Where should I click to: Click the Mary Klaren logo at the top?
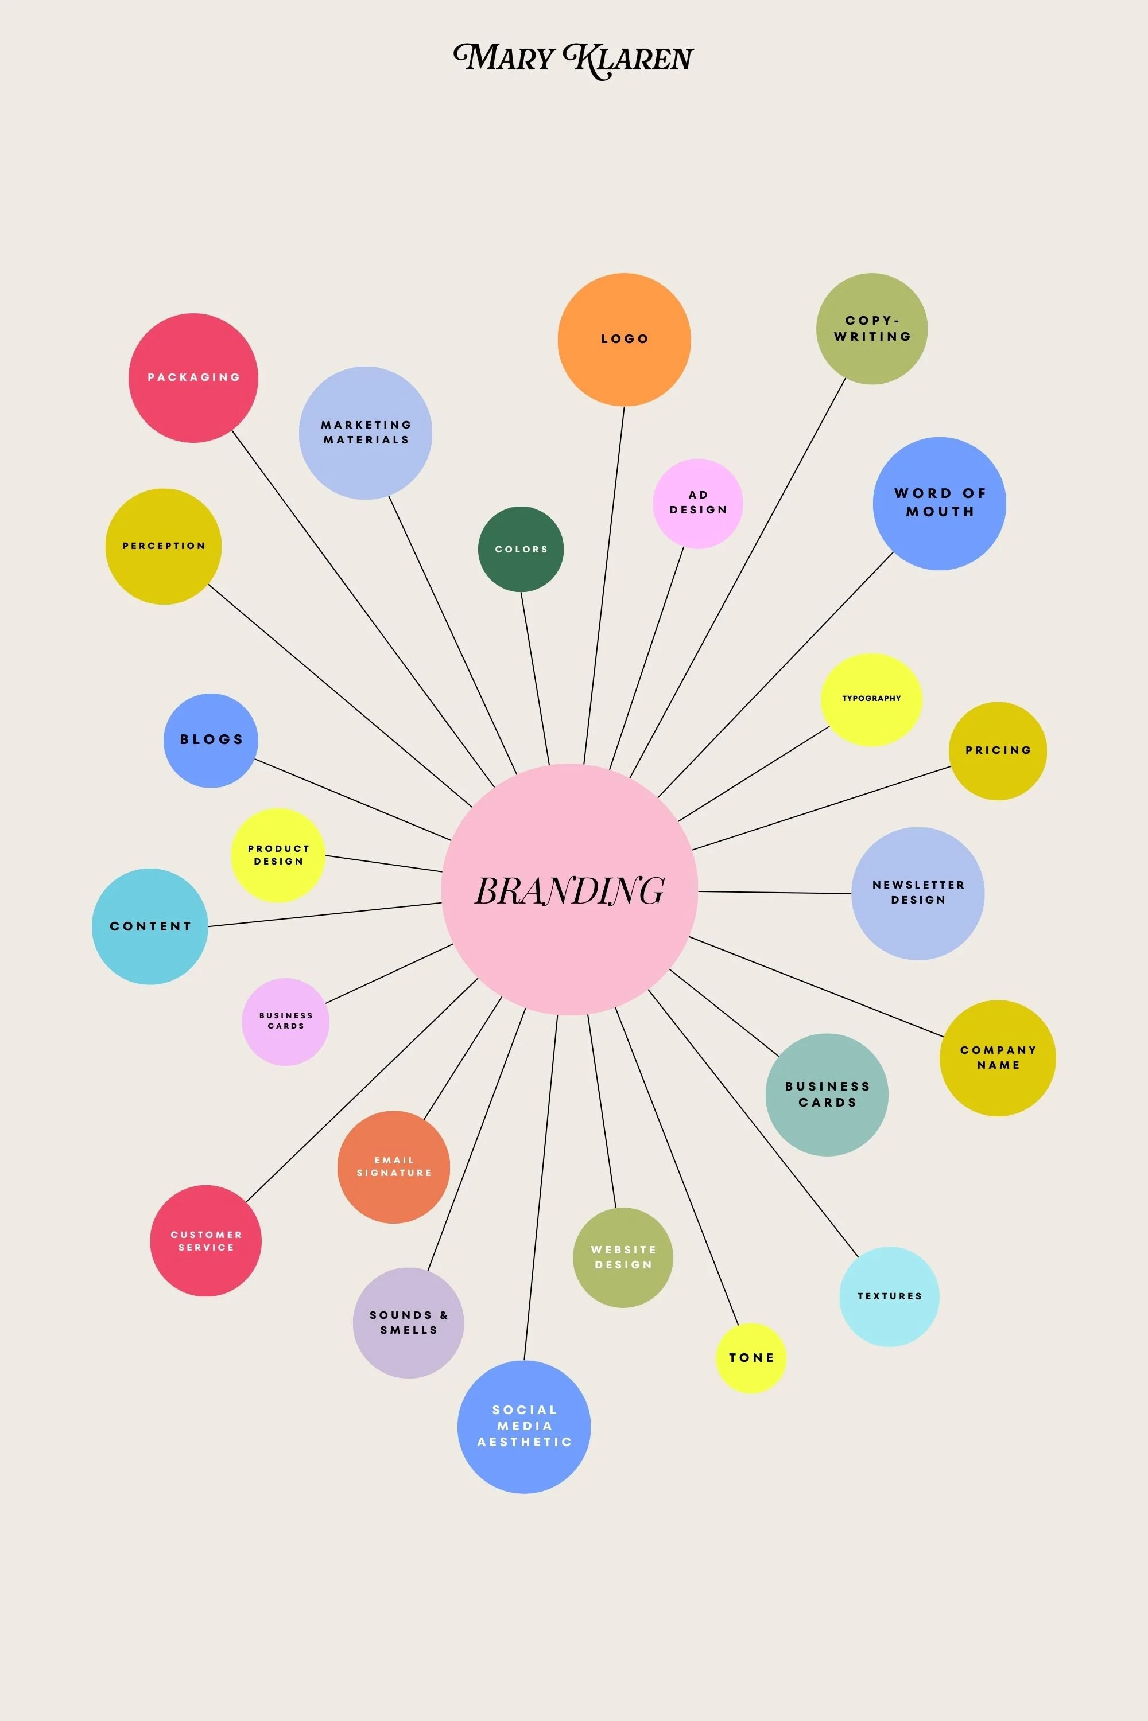pos(573,59)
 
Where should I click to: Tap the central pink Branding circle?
pos(569,890)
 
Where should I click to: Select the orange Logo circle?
pos(624,340)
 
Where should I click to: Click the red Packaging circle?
pos(193,377)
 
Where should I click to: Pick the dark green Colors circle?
pos(521,549)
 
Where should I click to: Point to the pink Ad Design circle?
pos(698,504)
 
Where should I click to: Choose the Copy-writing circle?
pos(871,329)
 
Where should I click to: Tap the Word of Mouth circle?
pos(939,504)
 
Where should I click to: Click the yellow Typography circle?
pos(871,699)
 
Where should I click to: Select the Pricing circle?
pos(997,751)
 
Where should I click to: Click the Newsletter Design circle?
pos(917,893)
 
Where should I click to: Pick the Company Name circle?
pos(997,1058)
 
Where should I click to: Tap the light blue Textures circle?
pos(889,1296)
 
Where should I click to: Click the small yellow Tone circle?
pos(750,1358)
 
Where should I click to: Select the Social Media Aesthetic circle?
pos(523,1427)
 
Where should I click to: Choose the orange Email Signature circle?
pos(394,1167)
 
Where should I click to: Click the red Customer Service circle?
pos(205,1241)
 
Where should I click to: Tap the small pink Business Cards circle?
pos(285,1022)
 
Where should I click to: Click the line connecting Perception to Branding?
pos(340,696)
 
